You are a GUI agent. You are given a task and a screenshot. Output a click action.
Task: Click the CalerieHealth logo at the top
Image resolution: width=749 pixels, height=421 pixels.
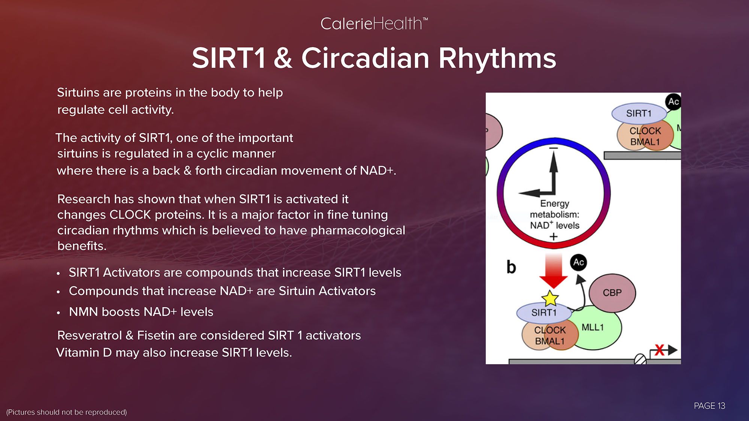[x=374, y=24]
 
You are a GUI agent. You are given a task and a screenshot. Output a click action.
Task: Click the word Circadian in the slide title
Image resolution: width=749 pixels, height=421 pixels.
[x=365, y=58]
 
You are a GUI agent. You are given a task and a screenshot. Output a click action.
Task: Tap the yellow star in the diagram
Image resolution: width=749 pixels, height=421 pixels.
[x=550, y=298]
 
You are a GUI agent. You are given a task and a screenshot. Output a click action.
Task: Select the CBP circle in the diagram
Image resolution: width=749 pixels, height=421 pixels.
[x=612, y=293]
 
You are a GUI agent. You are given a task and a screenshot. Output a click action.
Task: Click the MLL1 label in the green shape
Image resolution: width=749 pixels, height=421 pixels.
[x=592, y=327]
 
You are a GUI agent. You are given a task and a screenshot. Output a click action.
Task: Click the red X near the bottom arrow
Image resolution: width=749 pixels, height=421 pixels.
[x=659, y=350]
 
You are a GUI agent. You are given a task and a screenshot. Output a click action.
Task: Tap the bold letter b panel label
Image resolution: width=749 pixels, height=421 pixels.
[x=511, y=267]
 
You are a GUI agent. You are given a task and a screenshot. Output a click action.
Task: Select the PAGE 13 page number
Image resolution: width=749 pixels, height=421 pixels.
[x=709, y=406]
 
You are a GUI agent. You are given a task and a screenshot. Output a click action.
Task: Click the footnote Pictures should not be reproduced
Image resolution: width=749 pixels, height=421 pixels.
[x=67, y=412]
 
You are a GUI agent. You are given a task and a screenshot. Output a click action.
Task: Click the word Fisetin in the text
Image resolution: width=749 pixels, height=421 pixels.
[x=156, y=335]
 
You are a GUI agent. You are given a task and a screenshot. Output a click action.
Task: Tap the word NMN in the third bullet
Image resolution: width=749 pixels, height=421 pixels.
[x=84, y=312]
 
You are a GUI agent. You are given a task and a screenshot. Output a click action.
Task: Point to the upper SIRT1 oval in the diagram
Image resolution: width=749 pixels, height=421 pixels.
[x=639, y=113]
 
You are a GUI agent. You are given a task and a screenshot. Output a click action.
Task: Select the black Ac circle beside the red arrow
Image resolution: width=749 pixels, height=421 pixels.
[x=578, y=262]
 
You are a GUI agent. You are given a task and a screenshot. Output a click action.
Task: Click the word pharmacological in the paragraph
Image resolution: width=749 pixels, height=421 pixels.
[x=358, y=231]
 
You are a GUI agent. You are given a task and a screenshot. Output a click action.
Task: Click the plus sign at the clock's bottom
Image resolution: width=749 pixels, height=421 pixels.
[x=554, y=237]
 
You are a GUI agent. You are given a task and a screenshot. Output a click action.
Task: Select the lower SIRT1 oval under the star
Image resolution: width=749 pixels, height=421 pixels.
[x=544, y=313]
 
